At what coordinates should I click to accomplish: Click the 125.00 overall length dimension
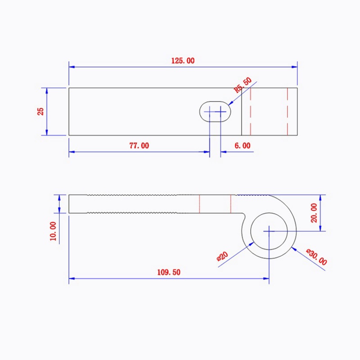pos(183,61)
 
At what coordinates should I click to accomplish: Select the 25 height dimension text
pos(40,111)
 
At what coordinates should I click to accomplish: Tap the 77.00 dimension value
pos(139,145)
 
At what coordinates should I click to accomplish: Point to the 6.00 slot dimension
pos(242,145)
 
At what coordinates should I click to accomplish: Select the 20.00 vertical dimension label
pos(314,212)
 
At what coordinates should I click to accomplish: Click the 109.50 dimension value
pos(168,272)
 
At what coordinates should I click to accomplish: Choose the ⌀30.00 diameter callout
pos(316,256)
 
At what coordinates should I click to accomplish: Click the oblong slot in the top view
pos(216,111)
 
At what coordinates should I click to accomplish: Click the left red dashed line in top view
pos(251,111)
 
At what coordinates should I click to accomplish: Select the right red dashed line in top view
pos(287,111)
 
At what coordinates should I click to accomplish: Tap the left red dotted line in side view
pos(199,204)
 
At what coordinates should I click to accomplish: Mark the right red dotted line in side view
pos(230,204)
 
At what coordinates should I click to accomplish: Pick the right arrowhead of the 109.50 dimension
pos(267,279)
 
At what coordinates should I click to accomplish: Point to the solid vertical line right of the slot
pos(242,111)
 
